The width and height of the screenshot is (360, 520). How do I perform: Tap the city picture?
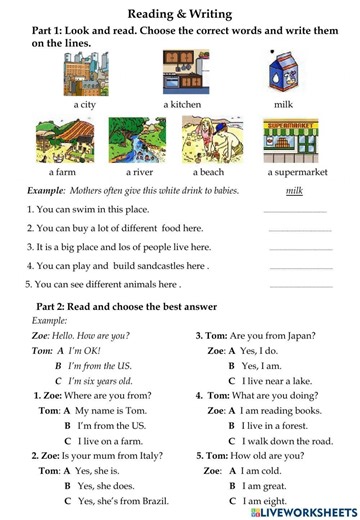pos(85,74)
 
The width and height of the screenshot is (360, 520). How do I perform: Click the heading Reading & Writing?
pos(180,13)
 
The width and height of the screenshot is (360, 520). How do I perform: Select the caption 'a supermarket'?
pos(297,171)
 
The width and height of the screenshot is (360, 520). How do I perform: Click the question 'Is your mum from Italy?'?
pos(100,456)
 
